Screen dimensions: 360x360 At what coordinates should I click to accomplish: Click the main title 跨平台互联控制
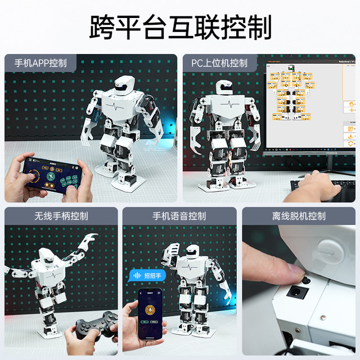click(x=180, y=26)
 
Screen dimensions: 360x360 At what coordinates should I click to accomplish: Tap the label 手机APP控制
click(x=40, y=62)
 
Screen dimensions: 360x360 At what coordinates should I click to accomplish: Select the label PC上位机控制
click(x=219, y=62)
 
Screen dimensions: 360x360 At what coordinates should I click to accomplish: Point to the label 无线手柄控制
click(x=61, y=215)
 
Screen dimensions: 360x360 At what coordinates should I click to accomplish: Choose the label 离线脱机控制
click(x=299, y=215)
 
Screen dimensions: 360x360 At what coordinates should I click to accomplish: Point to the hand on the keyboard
click(x=315, y=183)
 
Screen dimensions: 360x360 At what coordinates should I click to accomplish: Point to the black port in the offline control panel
click(x=296, y=292)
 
